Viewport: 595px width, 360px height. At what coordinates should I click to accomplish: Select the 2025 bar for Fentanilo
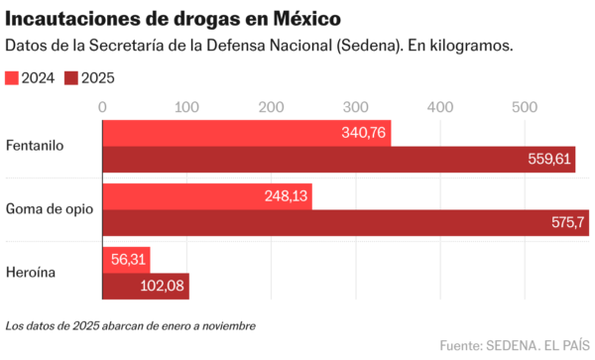tap(338, 159)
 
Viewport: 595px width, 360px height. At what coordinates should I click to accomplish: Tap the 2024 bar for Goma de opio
tap(207, 196)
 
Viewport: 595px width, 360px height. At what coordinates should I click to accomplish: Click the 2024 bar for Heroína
tap(126, 260)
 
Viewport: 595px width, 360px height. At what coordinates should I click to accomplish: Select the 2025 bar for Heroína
tap(146, 287)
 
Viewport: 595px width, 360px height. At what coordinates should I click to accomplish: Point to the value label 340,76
tap(363, 133)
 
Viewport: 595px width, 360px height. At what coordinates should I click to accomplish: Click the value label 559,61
tap(547, 159)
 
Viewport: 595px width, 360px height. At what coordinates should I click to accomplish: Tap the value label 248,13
tap(285, 196)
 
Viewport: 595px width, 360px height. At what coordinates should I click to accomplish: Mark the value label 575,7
tap(567, 223)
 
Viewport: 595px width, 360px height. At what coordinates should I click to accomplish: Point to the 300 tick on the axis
tap(355, 106)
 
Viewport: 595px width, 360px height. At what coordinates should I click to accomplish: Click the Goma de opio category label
tap(48, 209)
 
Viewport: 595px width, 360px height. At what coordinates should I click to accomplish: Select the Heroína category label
tap(32, 273)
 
